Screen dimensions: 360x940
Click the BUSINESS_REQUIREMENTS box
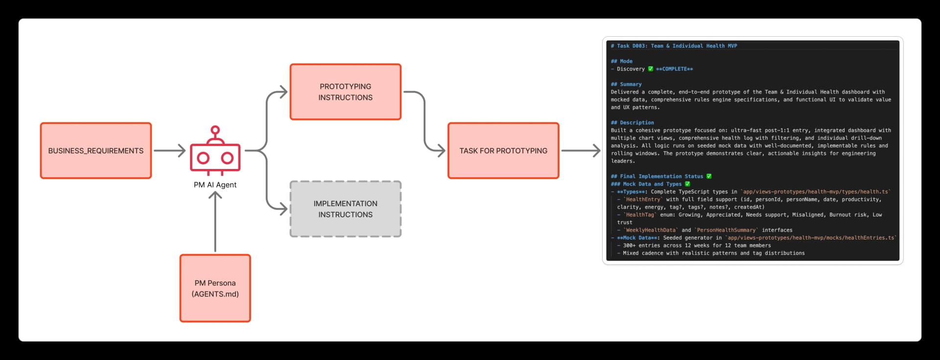pos(96,151)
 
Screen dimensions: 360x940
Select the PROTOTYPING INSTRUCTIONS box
pos(345,92)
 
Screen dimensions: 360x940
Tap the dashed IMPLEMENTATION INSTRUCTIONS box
pos(345,209)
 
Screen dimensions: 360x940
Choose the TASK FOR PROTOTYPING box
pos(503,151)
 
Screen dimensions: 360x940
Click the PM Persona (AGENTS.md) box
pos(215,288)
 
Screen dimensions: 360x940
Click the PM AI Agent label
pos(215,185)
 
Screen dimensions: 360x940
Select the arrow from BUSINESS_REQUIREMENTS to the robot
pos(169,151)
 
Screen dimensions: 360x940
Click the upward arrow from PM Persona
pos(215,220)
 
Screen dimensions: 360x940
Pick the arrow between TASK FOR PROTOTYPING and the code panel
pos(581,151)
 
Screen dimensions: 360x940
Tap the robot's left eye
pos(203,158)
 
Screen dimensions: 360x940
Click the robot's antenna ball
pos(215,130)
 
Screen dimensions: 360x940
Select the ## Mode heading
pos(622,61)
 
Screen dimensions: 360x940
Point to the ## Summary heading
pos(626,84)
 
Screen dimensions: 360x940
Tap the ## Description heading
pos(632,122)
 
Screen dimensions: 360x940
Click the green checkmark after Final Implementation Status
pos(709,176)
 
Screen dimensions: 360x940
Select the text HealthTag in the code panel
pos(639,215)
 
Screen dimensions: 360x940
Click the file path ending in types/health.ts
pos(816,192)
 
